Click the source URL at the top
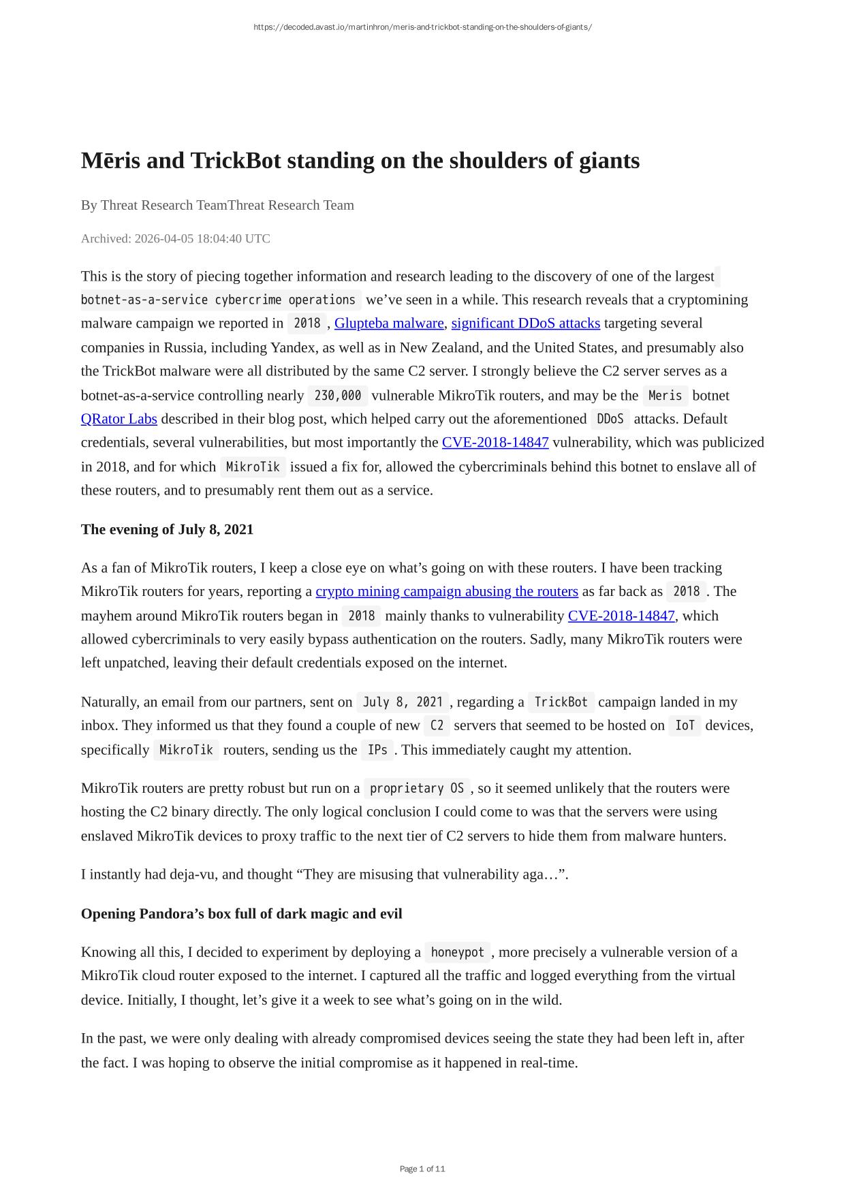422,27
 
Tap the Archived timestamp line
175,238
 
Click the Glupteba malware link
389,323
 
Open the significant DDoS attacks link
525,323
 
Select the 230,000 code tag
338,396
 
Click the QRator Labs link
119,419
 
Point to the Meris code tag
665,396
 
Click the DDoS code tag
610,419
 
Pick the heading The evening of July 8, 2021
167,529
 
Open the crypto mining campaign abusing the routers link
447,591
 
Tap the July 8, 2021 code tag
403,702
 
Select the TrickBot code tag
561,702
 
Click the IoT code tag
685,725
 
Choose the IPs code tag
377,750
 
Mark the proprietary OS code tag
417,789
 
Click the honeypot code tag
457,952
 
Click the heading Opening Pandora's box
241,913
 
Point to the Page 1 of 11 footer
422,1169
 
